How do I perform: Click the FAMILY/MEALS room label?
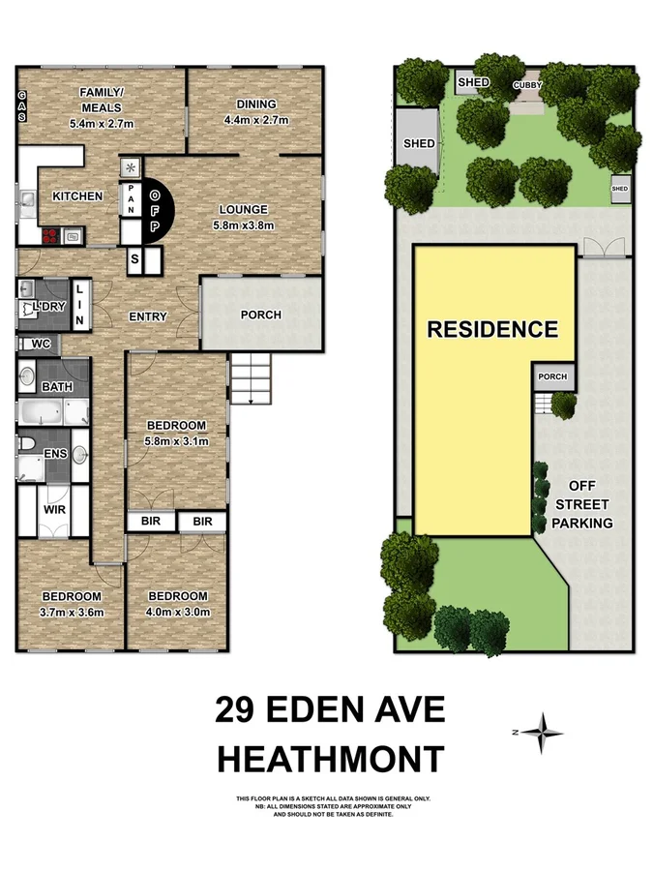pos(101,100)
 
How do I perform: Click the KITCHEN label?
pos(77,196)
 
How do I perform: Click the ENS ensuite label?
pos(54,452)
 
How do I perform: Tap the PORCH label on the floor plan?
pos(260,315)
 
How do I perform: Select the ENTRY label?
pos(147,316)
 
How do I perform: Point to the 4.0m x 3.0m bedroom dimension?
pos(177,612)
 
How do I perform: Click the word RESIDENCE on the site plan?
pos(492,329)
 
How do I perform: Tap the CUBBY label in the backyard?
pos(527,85)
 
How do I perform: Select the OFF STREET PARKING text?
pos(589,504)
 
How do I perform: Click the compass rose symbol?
pos(547,733)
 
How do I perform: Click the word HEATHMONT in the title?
pos(330,759)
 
